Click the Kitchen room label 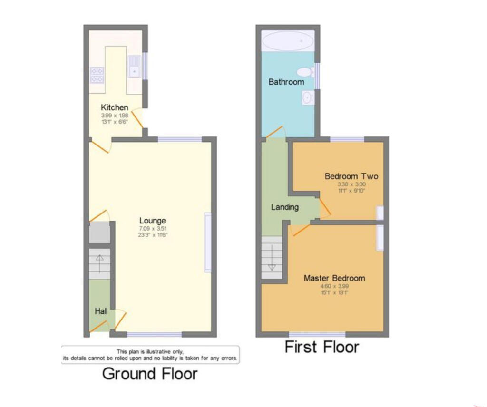click(x=114, y=107)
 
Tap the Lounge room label click(x=152, y=221)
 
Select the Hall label click(x=101, y=311)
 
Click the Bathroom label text click(x=286, y=82)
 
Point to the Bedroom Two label click(x=351, y=176)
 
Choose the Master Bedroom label click(x=334, y=278)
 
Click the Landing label click(x=284, y=207)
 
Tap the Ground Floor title click(x=149, y=374)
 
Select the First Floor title click(x=321, y=347)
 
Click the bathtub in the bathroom click(x=288, y=42)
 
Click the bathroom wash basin click(x=307, y=98)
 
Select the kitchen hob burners click(x=97, y=75)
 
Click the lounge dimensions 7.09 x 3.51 click(x=152, y=228)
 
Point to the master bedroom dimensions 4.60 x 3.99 click(x=334, y=286)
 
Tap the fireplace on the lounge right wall click(x=208, y=242)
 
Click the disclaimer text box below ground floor click(x=150, y=355)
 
